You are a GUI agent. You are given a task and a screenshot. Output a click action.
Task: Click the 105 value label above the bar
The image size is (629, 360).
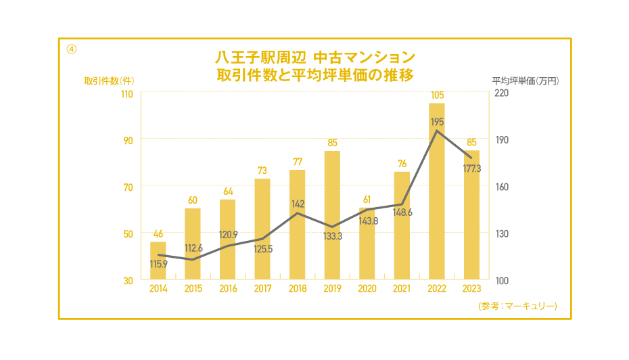(x=436, y=95)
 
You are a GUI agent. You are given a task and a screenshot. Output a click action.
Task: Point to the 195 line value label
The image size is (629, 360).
(x=437, y=122)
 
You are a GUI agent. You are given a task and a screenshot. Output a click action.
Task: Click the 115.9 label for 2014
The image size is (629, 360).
(x=160, y=264)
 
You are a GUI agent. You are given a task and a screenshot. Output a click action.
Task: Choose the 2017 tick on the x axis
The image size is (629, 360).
(x=262, y=289)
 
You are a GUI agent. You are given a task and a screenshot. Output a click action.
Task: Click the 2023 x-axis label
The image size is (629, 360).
(x=471, y=289)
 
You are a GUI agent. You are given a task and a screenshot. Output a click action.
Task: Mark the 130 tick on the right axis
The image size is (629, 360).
(x=501, y=233)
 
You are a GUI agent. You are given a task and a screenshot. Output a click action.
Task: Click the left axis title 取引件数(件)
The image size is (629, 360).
(x=108, y=80)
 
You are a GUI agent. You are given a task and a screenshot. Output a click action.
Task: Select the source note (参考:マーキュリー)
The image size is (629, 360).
(x=517, y=307)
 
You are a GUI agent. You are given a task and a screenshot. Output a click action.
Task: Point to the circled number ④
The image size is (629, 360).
(x=71, y=49)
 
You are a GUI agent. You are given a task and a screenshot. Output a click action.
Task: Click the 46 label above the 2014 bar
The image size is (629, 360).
(x=158, y=233)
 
